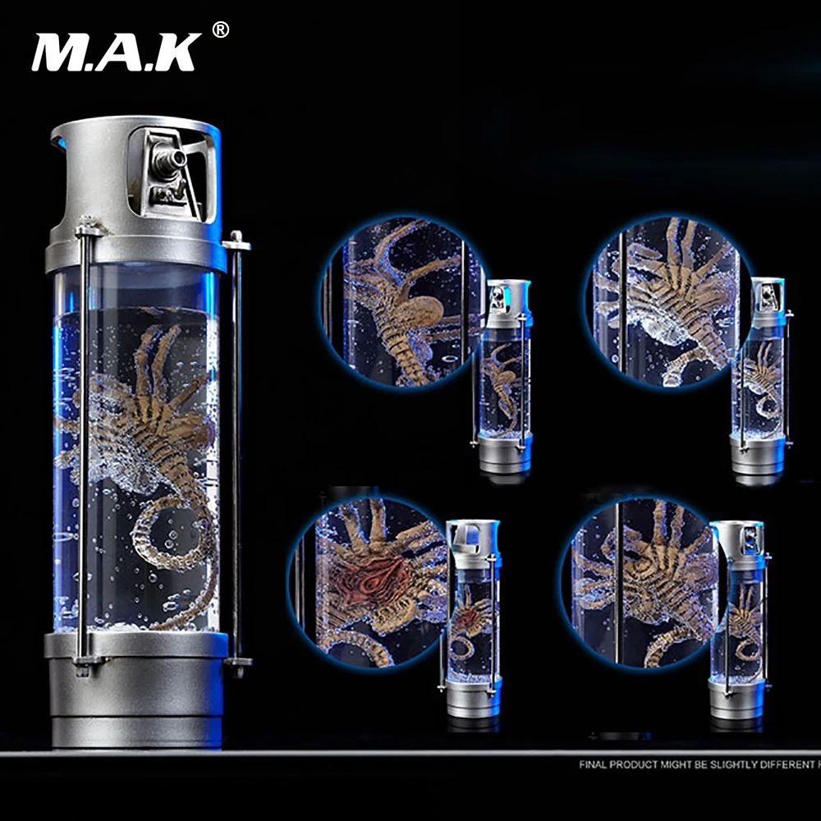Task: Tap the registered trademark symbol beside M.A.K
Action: [220, 30]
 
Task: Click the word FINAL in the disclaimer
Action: [594, 765]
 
